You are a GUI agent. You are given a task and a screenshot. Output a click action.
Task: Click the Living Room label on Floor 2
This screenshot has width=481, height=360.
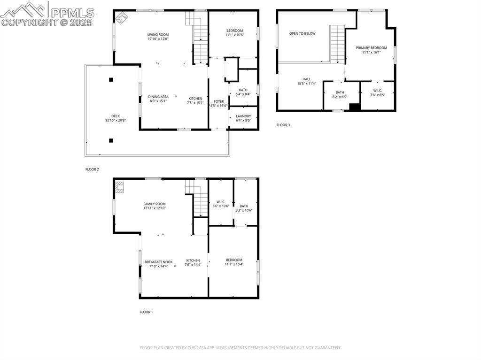coord(158,35)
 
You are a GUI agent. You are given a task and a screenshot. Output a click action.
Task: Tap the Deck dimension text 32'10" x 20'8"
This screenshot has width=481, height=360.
coord(116,120)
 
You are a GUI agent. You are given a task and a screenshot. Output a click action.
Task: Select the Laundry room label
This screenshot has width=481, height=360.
coord(243,116)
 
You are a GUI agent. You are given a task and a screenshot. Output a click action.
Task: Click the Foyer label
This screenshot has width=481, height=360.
coord(219,101)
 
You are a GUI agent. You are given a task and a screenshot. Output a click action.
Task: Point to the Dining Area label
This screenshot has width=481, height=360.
coord(158,97)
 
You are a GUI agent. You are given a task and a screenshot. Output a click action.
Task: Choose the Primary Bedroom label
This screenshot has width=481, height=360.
coord(371,48)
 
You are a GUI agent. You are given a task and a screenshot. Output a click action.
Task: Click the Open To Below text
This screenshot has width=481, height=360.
coord(302,34)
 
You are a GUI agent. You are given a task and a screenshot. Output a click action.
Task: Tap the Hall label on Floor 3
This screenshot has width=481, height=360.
coord(306,79)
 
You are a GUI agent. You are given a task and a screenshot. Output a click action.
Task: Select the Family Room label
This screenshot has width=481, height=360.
coord(155,204)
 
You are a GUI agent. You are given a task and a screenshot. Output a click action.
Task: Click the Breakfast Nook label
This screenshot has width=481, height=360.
coord(158,262)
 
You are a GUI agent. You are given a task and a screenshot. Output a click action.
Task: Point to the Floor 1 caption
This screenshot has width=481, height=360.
coord(146,312)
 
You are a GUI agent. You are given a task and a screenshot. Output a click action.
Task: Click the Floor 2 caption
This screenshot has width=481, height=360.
coord(92,169)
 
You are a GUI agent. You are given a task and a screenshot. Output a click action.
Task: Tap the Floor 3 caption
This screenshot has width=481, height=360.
coord(283,125)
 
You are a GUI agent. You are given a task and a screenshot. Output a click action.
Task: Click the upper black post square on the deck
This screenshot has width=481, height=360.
coord(111,80)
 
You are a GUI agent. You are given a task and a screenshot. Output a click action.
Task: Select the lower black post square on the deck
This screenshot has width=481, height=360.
coord(111,140)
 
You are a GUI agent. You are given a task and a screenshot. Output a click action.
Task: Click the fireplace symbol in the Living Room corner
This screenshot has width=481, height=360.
coord(122,17)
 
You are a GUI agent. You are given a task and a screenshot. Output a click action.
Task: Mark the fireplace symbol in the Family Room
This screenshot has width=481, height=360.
coord(120,187)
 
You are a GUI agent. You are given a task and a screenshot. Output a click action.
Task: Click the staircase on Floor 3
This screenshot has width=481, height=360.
coord(337,44)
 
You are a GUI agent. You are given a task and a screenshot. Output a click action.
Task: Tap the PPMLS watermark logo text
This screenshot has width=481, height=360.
coord(71,13)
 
